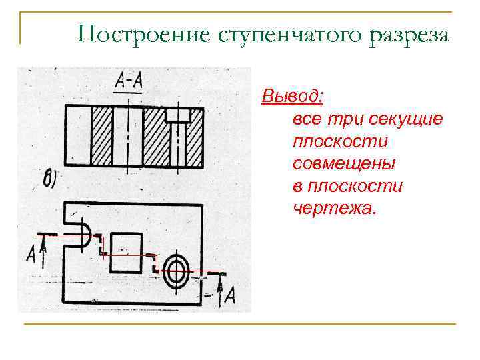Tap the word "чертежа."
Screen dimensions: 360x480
pos(335,209)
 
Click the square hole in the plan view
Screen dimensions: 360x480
pos(126,252)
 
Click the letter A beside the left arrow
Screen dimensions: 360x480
pos(31,254)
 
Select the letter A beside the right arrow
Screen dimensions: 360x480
pos(229,295)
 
